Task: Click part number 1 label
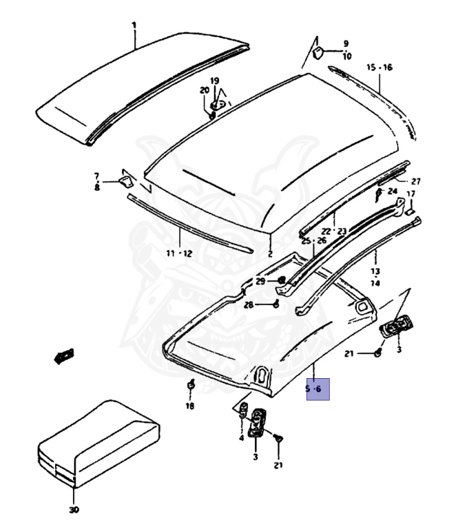(134, 25)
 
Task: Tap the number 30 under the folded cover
(74, 510)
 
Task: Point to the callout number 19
(215, 81)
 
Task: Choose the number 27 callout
(415, 181)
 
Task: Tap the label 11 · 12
(178, 253)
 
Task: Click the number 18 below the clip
(189, 406)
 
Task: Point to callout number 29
(260, 281)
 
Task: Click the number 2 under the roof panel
(269, 253)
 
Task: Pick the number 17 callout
(411, 194)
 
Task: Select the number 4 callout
(242, 438)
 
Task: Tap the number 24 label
(392, 191)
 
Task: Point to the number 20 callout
(205, 90)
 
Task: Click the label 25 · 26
(313, 240)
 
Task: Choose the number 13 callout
(375, 271)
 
